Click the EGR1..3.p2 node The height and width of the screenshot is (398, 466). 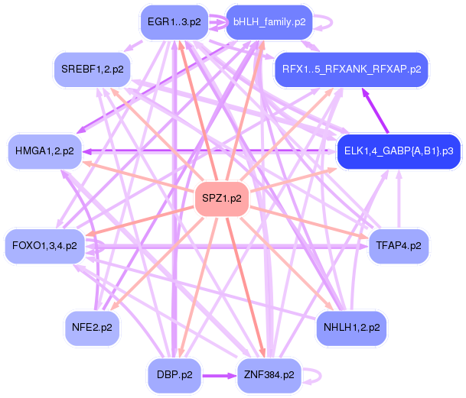tap(174, 21)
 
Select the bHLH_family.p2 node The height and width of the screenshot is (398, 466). tap(269, 21)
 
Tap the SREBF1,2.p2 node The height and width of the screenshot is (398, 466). tap(93, 70)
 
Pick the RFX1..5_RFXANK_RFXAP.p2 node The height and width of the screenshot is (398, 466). tap(351, 70)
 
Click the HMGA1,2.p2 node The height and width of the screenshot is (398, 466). tap(46, 151)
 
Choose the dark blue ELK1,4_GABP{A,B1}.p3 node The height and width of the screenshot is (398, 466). tap(398, 151)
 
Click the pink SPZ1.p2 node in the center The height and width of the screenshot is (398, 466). tap(222, 199)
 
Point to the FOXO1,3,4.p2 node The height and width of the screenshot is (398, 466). tap(45, 245)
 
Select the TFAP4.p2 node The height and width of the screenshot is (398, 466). tap(399, 245)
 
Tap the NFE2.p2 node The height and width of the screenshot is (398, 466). tap(93, 327)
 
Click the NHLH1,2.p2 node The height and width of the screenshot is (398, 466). tap(351, 327)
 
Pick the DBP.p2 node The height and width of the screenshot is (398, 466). tap(174, 375)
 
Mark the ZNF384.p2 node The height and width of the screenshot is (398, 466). tap(269, 375)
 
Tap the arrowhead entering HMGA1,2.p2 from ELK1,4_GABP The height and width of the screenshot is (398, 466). tap(89, 151)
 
